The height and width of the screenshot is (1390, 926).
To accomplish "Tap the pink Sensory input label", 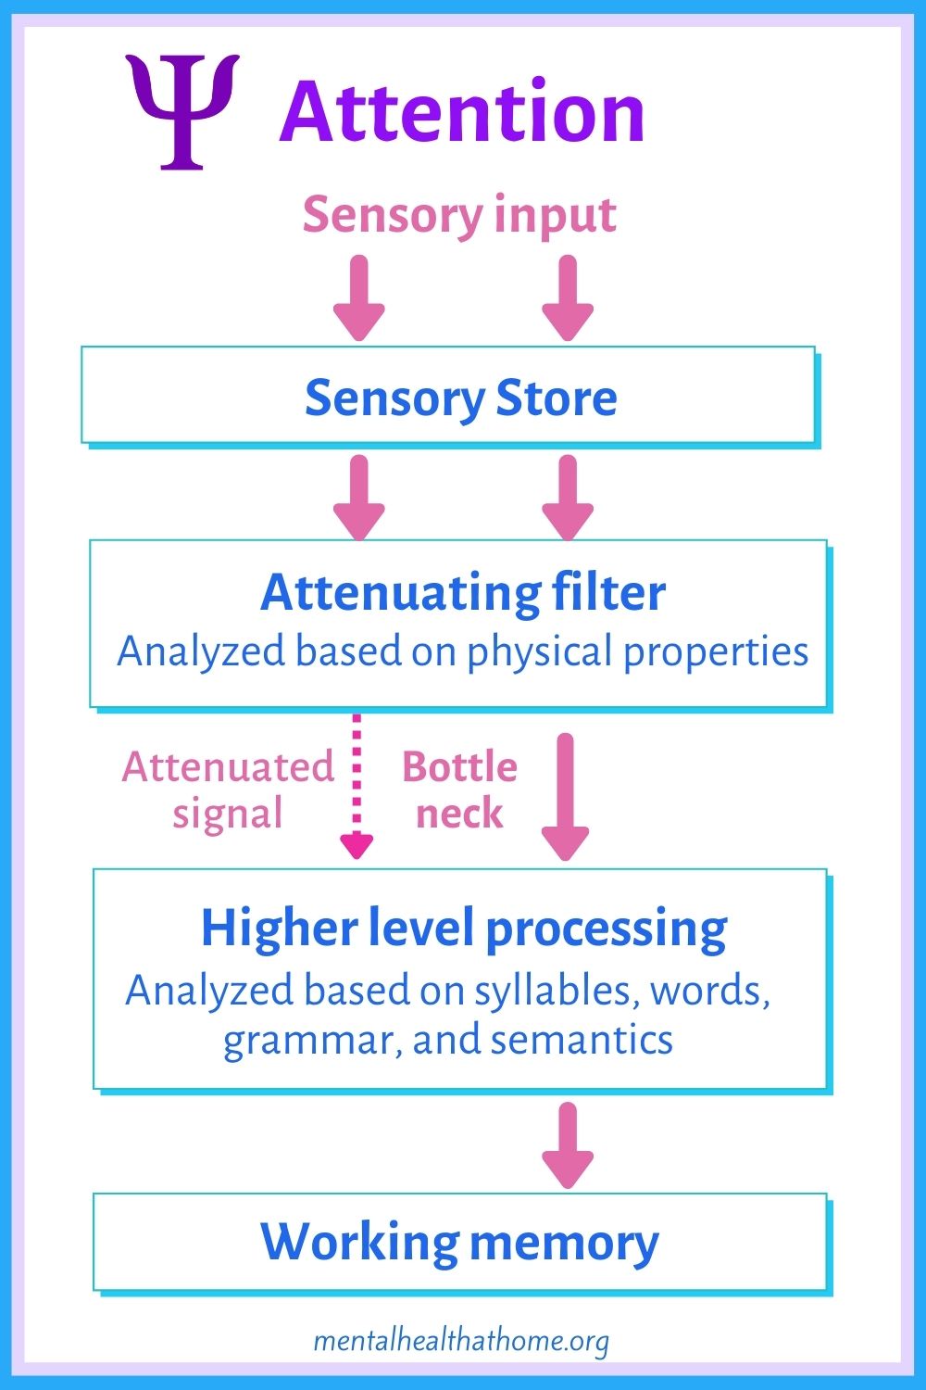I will tap(459, 215).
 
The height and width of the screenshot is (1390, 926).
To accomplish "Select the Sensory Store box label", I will tap(460, 398).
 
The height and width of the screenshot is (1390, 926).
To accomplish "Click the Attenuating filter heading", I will tap(462, 592).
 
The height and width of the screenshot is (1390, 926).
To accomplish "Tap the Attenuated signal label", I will tap(228, 790).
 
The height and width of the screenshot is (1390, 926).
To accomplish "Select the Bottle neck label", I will tap(459, 790).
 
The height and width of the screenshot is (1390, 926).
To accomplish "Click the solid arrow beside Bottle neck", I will tap(566, 797).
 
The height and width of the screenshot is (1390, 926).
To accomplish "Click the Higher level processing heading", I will tap(464, 928).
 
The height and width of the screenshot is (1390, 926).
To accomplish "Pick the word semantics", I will tap(582, 1040).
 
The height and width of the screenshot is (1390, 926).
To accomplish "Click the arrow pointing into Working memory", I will tap(567, 1144).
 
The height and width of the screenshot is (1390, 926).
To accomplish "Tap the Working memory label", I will tap(459, 1243).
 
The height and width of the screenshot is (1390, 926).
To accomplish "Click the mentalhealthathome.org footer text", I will tap(461, 1341).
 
